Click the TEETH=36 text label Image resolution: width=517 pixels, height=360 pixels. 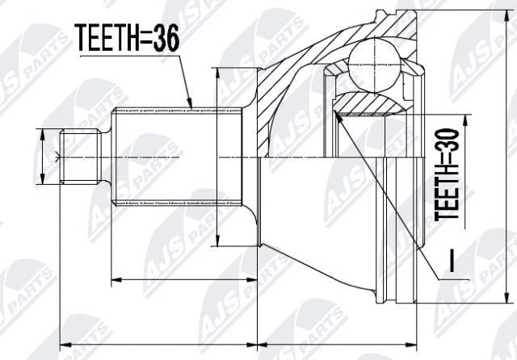point(128,38)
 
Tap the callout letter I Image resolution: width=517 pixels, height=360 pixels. point(452,262)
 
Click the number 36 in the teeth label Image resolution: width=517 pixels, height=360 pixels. point(165,38)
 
